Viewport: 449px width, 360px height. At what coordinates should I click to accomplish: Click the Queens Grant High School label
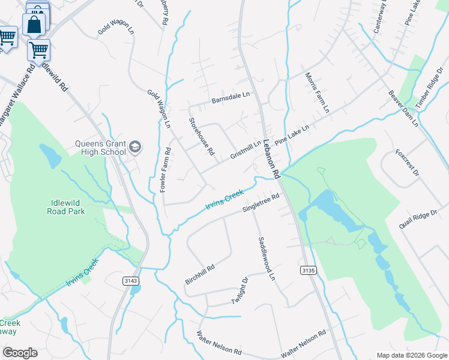100,148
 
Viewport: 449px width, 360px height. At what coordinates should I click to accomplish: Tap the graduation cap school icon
136,146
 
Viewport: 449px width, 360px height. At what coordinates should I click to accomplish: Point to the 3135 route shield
307,271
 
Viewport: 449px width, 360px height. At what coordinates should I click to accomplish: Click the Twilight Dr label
238,290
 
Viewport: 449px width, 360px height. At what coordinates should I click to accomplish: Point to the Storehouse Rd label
202,136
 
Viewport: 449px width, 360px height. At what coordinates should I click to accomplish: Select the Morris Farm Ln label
318,93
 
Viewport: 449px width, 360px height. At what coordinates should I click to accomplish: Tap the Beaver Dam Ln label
403,109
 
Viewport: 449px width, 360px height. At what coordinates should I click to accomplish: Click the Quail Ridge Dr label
420,220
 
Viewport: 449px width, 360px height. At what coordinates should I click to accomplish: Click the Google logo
20,353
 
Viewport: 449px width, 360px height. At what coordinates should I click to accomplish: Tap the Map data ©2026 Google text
411,355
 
